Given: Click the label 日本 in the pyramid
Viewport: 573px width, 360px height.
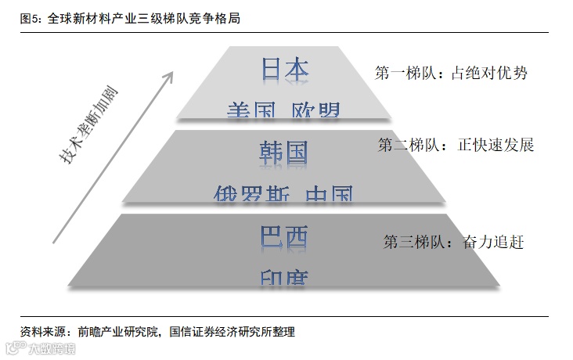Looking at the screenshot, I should (285, 70).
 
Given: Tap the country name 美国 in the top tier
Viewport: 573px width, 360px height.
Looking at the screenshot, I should (250, 111).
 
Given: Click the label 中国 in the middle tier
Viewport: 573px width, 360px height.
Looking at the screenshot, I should (329, 193).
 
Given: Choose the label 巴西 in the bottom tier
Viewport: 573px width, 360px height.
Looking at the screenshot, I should (284, 236).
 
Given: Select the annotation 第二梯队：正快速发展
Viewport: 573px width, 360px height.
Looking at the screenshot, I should (455, 145).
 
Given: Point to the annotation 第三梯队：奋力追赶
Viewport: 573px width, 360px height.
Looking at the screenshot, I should (452, 242).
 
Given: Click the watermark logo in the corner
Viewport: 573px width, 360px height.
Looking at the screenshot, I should (13, 347).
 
